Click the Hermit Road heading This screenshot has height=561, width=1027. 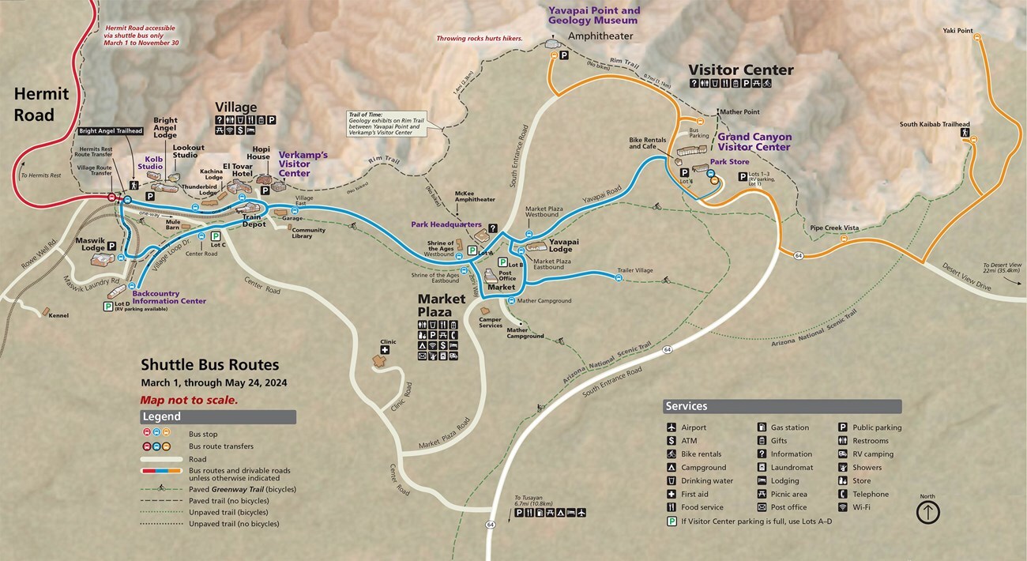41,104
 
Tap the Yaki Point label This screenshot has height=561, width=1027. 957,31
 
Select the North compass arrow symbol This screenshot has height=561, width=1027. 927,512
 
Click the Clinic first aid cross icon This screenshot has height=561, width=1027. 385,350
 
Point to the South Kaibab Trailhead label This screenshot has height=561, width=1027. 935,124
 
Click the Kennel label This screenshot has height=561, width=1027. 58,315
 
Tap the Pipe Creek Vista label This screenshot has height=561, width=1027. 834,228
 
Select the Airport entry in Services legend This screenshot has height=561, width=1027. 694,427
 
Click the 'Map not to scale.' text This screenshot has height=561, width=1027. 189,400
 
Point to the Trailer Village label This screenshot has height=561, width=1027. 634,270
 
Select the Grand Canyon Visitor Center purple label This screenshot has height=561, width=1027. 754,142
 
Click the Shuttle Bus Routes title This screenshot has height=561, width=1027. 209,365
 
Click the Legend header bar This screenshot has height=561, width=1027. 218,416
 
